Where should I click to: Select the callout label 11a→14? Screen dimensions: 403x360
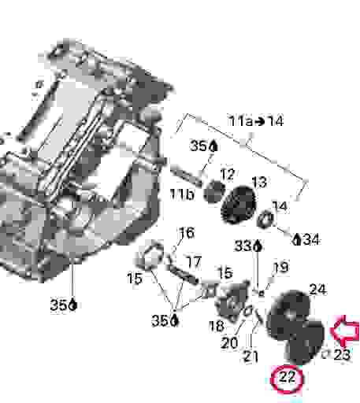[255, 121]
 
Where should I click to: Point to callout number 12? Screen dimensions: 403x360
[227, 174]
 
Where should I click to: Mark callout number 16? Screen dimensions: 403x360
[186, 232]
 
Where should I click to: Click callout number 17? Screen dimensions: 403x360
[193, 261]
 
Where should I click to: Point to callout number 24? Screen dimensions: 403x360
[317, 289]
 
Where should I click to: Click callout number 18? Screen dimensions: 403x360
[217, 325]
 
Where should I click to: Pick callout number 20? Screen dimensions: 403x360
[228, 342]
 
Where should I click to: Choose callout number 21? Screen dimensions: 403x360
[251, 357]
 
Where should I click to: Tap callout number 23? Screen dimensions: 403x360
[341, 355]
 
